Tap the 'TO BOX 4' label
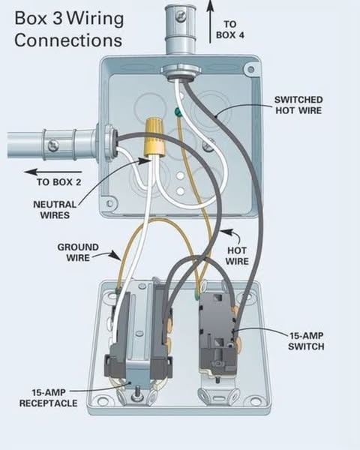230,29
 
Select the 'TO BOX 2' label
58,182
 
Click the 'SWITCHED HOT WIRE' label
298,105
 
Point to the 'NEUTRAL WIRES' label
55,210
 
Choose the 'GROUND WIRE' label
78,252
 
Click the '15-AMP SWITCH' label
306,341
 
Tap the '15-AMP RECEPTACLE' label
48,397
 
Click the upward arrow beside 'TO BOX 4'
211,22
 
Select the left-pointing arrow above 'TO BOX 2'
53,172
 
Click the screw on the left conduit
53,145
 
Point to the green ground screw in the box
178,112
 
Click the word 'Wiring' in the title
96,18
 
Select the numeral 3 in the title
58,18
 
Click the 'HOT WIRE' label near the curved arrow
237,256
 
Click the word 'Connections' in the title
68,40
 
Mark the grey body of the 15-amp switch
217,335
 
